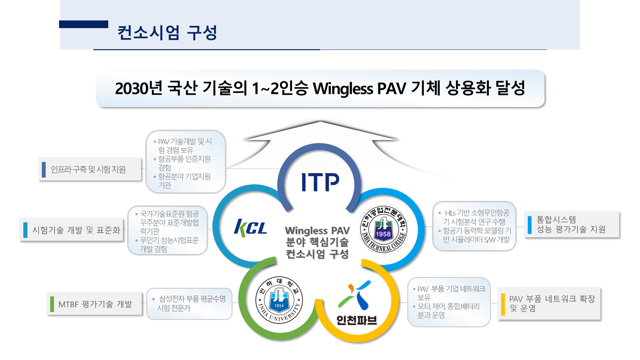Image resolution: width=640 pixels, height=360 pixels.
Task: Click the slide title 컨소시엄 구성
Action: pos(167,33)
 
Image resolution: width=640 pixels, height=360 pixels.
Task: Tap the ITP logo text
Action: pos(320,182)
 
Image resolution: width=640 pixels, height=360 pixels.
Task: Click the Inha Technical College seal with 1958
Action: pos(384,229)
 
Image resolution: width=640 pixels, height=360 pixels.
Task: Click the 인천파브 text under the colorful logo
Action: pos(357,320)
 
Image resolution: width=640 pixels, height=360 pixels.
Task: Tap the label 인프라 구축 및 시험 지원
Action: pos(88,169)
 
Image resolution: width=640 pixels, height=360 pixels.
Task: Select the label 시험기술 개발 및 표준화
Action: pos(76,230)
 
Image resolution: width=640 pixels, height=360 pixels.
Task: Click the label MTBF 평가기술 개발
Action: pos(95,304)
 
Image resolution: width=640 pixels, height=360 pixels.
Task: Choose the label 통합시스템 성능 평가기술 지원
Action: pos(571,224)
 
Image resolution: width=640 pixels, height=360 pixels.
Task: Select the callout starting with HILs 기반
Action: pos(475,226)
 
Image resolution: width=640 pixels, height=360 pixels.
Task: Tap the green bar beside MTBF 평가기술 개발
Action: pos(52,304)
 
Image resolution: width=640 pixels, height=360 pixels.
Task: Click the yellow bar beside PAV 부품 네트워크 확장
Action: pos(503,304)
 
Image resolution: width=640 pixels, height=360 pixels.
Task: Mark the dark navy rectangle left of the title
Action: pos(84,24)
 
